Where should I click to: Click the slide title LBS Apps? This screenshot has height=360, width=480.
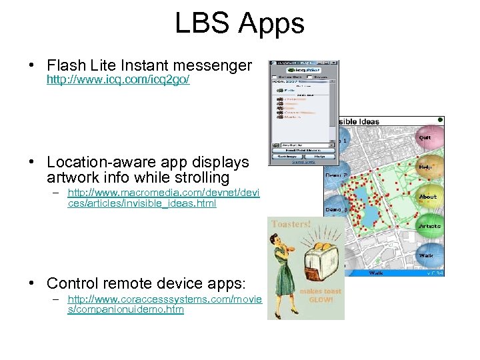coord(239,23)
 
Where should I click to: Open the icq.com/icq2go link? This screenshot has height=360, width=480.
coord(118,80)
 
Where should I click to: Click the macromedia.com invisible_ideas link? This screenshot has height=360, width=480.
coord(163,198)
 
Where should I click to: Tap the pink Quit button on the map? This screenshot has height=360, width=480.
coord(425,137)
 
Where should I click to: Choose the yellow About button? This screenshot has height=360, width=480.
coord(427,197)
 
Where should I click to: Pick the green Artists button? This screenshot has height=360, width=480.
coord(429,226)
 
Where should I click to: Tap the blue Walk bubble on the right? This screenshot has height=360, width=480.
coord(426,255)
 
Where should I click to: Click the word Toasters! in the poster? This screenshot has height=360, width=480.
coord(291,225)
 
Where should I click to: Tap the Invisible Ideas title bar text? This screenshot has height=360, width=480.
coord(359,121)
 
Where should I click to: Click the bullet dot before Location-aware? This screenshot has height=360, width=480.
coord(32,163)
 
